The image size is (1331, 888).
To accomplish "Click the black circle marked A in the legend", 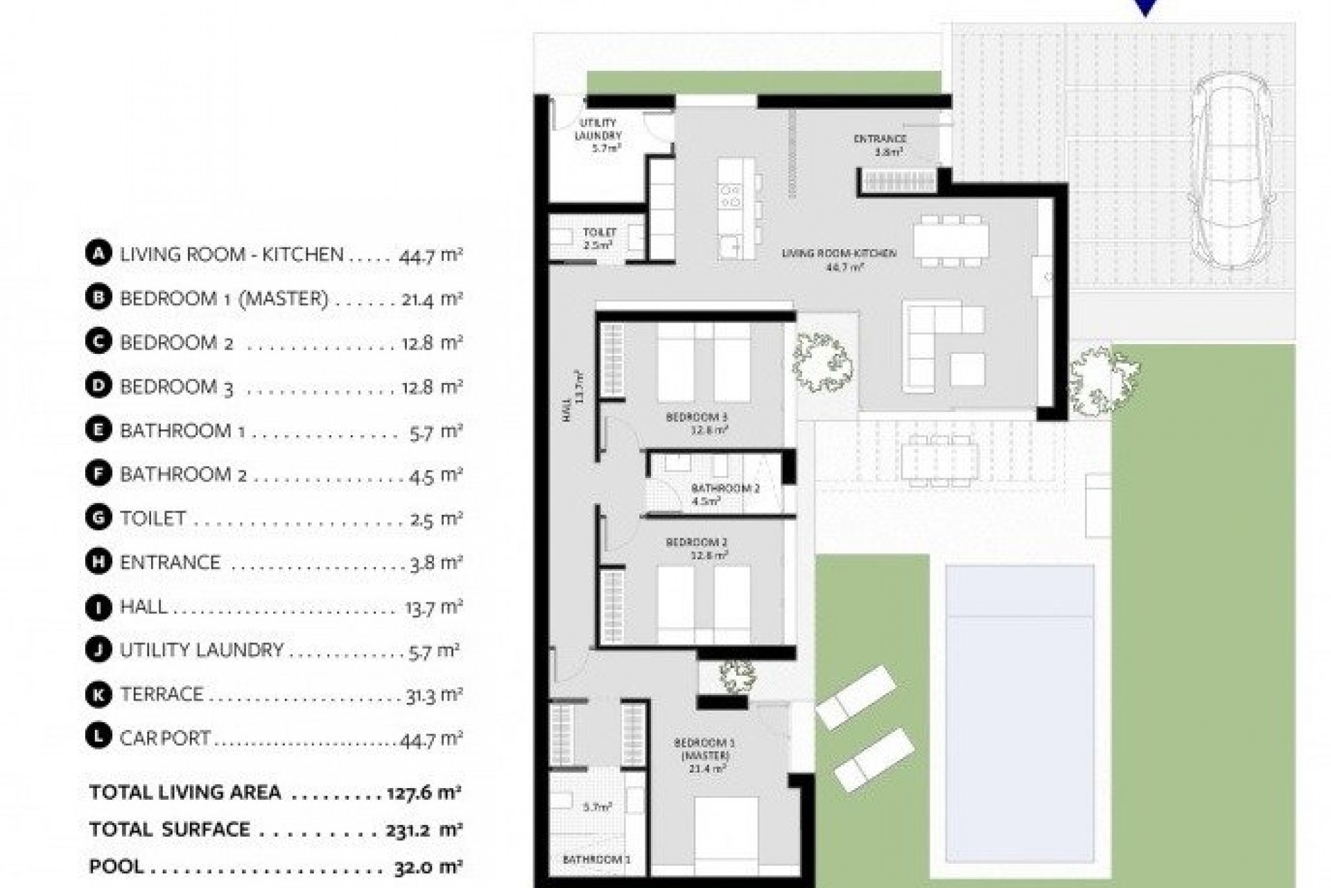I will (98, 254).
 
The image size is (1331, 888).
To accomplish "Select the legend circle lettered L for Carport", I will (98, 737).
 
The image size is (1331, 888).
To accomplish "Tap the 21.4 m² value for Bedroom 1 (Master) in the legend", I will (431, 299).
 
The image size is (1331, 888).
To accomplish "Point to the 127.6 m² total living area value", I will (424, 792).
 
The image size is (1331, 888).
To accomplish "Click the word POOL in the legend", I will (116, 866).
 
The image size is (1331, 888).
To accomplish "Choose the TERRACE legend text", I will (162, 694).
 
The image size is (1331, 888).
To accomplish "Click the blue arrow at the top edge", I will (1146, 8).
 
